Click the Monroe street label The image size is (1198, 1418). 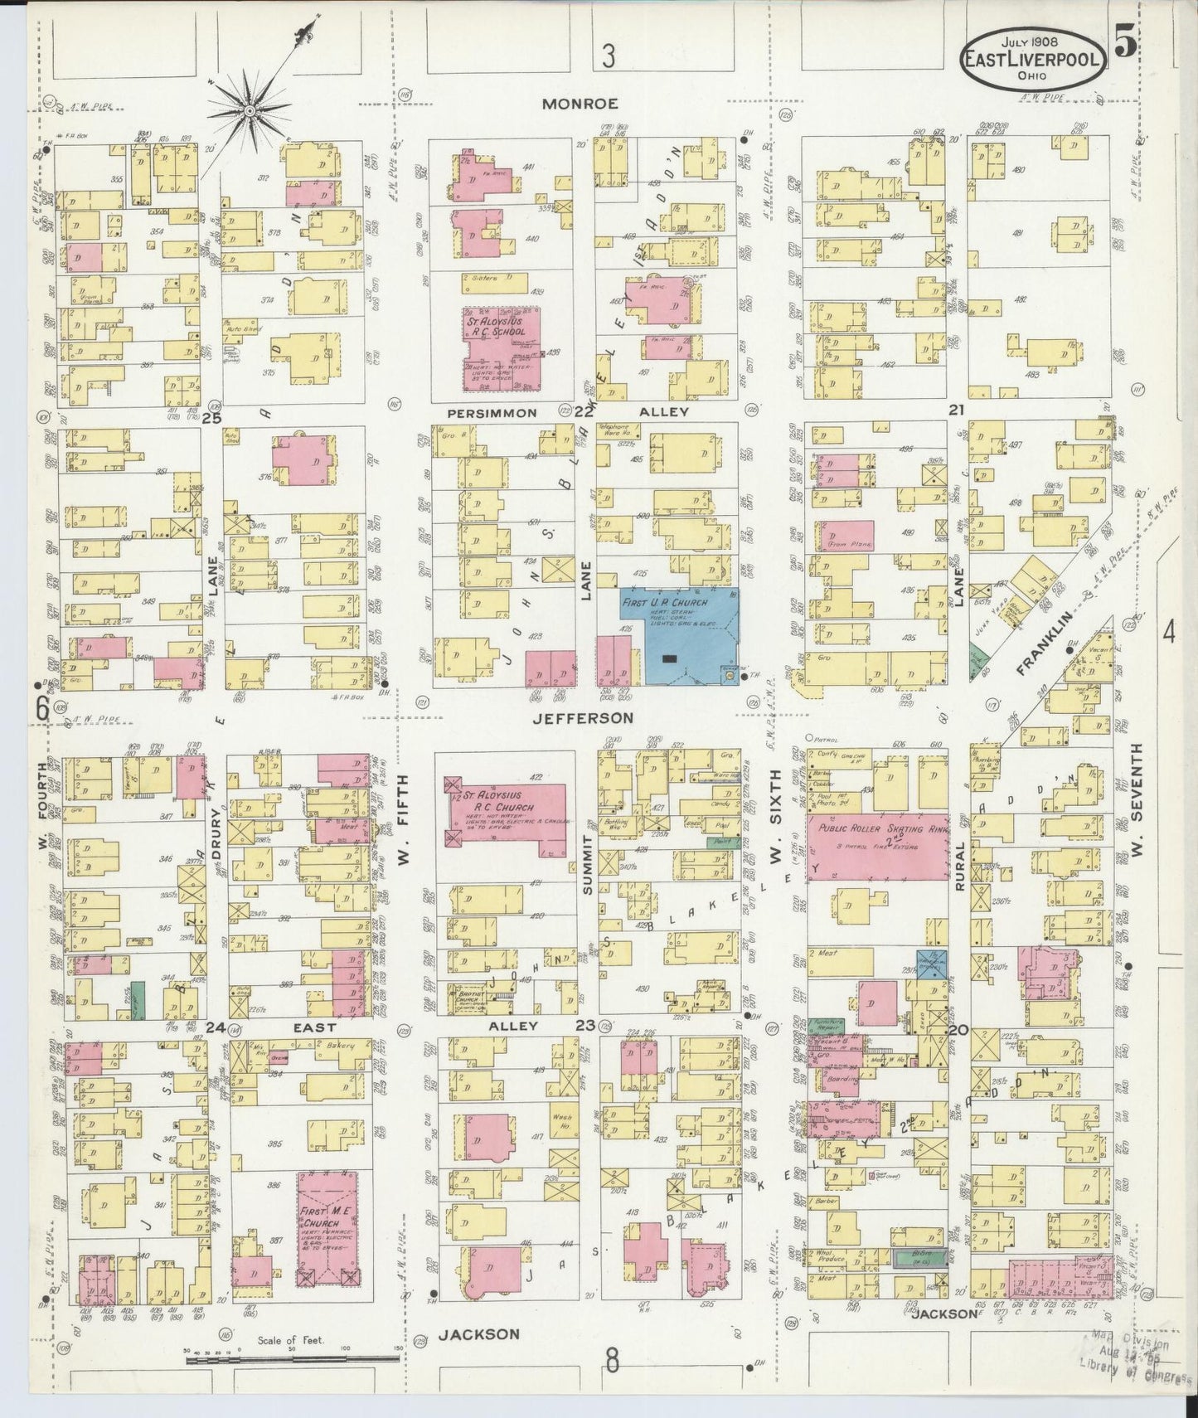click(x=580, y=104)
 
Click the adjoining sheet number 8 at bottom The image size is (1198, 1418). click(x=612, y=1362)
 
